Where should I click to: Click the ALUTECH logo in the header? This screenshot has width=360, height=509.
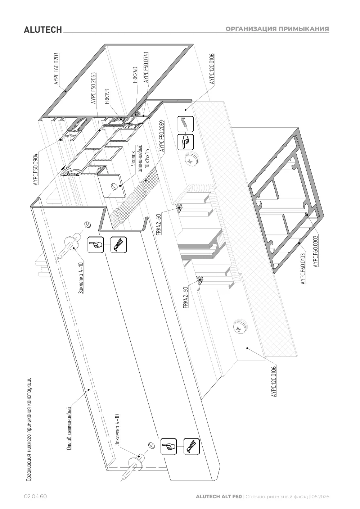[x=43, y=30]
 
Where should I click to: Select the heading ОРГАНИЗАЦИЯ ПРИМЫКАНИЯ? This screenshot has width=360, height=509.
[x=277, y=29]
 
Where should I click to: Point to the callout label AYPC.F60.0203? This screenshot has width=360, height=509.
[x=57, y=69]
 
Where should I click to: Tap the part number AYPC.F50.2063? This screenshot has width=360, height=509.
[x=94, y=88]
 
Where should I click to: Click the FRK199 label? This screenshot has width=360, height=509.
[x=107, y=96]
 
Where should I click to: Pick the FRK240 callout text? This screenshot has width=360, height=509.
[x=135, y=75]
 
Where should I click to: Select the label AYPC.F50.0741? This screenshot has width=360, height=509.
[x=146, y=67]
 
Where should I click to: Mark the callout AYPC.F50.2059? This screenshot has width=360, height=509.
[x=162, y=136]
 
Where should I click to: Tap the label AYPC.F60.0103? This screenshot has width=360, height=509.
[x=303, y=269]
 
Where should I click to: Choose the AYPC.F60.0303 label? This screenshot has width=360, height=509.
[x=315, y=251]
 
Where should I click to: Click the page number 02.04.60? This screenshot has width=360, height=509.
[x=36, y=496]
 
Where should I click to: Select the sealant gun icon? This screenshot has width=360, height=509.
[x=185, y=124]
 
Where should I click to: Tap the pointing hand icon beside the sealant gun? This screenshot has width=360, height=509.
[x=185, y=142]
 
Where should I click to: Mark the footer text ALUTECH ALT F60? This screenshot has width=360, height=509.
[x=219, y=496]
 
